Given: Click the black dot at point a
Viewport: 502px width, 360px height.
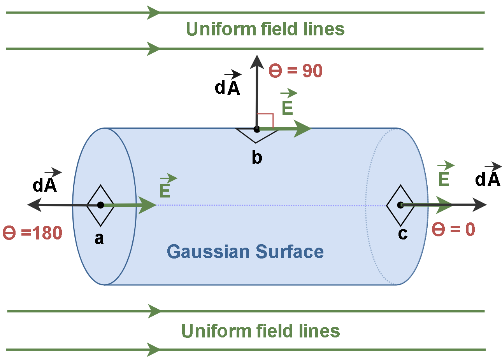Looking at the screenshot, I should [x=100, y=205].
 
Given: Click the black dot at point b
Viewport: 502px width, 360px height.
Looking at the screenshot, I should [x=256, y=129].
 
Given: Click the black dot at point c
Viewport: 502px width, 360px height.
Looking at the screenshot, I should [x=400, y=205].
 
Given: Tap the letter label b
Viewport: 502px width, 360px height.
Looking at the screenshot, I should [x=257, y=157].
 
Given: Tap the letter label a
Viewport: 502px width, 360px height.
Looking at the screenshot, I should [x=99, y=238].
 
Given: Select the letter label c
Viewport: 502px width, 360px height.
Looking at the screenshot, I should [x=403, y=233].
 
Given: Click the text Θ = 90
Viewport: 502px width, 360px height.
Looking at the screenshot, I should [x=296, y=71].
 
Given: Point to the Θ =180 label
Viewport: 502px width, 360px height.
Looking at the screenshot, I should [x=33, y=233].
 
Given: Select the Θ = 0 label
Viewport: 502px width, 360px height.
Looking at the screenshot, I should [x=454, y=229].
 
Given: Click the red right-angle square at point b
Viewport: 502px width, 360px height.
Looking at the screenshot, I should [x=265, y=121].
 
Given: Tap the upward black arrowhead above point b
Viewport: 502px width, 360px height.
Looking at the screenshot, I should [x=257, y=62].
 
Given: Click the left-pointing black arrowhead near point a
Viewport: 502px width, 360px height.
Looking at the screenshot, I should [x=34, y=204].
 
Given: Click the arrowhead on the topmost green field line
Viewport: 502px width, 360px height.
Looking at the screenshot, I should [x=153, y=12].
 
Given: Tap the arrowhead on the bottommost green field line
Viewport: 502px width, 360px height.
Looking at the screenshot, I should [x=154, y=350].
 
